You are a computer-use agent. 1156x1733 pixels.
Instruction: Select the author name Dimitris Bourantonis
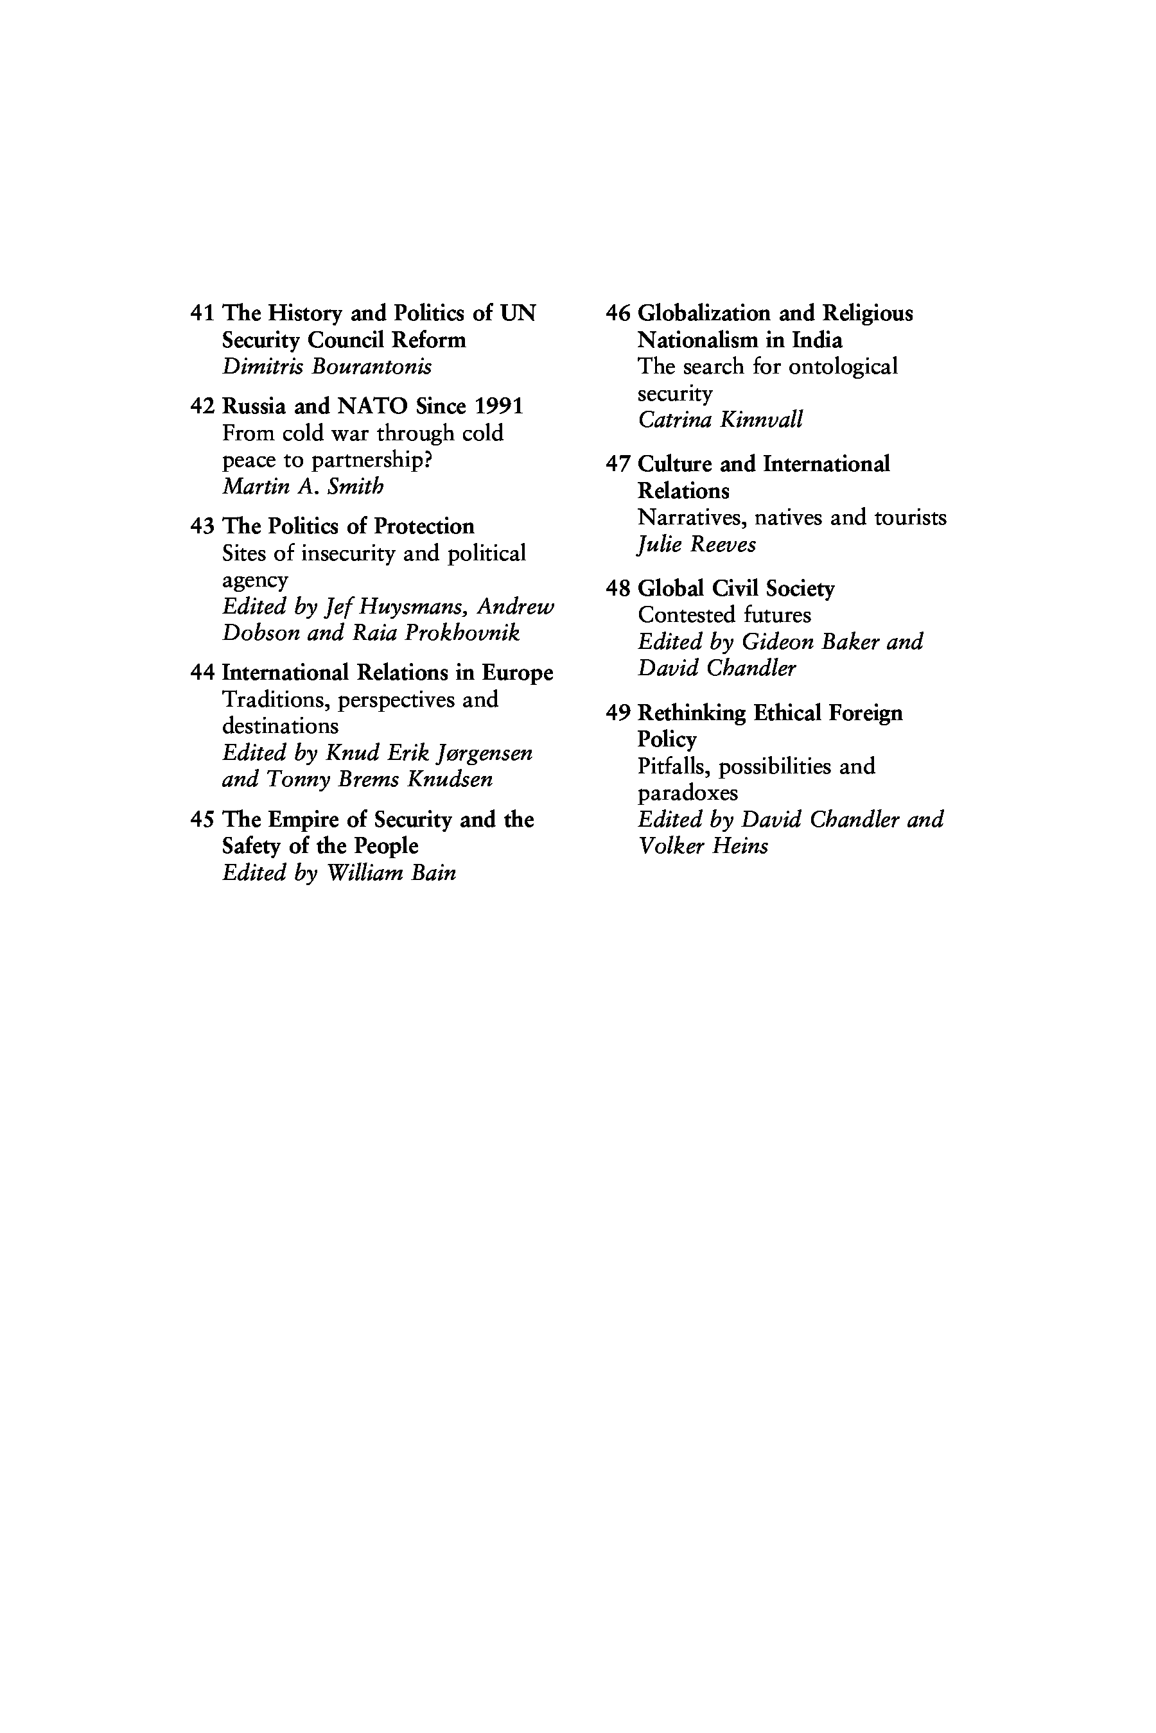327,366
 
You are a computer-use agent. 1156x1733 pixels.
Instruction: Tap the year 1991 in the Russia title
498,406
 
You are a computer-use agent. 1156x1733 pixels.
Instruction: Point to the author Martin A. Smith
302,487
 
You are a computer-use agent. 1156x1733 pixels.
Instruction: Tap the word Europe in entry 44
517,673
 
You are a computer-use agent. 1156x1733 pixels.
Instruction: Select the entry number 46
618,313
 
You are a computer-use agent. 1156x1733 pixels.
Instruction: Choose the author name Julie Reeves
697,544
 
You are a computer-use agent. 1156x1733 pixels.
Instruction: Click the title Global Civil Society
736,588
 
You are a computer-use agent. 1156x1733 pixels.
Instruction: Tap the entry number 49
618,712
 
